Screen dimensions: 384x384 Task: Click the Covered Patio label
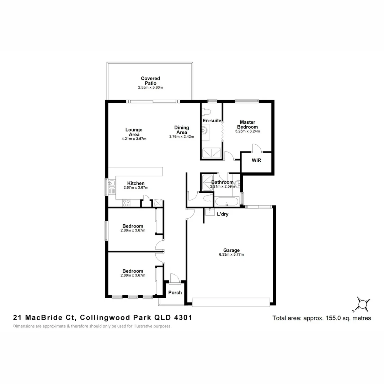(x=150, y=81)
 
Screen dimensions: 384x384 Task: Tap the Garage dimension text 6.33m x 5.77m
(x=231, y=255)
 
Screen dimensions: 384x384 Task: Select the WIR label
(x=256, y=160)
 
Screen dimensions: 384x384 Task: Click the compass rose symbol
(x=363, y=304)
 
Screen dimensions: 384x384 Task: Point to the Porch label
(x=175, y=293)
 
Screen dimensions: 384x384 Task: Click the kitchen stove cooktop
(x=126, y=203)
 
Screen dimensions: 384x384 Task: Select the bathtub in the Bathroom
(x=226, y=202)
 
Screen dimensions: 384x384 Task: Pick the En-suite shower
(x=212, y=153)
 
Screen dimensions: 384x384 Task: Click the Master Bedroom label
(x=248, y=124)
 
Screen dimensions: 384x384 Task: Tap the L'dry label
(x=223, y=214)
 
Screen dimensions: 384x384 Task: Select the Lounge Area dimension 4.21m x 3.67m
(x=134, y=139)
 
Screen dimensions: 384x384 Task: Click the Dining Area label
(x=181, y=130)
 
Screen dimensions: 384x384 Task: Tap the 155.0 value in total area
(x=332, y=318)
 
